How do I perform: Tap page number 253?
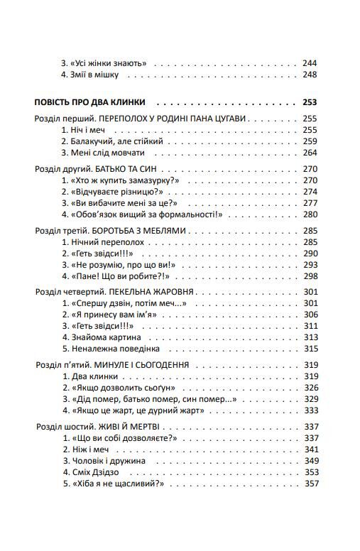point(310,102)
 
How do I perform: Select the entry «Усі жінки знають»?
point(104,62)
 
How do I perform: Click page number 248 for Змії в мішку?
point(310,75)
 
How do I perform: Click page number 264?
point(310,153)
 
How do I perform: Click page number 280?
point(310,214)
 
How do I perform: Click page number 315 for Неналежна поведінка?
point(310,349)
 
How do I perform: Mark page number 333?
point(310,410)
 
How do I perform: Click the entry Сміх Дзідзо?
point(92,471)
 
